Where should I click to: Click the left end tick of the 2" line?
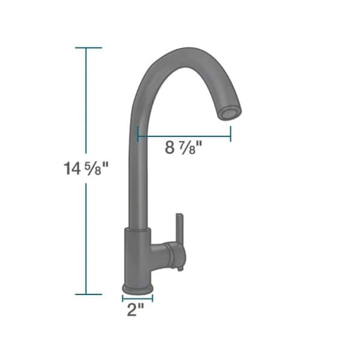[123, 297]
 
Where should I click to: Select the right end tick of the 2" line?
[153, 297]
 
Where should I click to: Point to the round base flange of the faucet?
[138, 288]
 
